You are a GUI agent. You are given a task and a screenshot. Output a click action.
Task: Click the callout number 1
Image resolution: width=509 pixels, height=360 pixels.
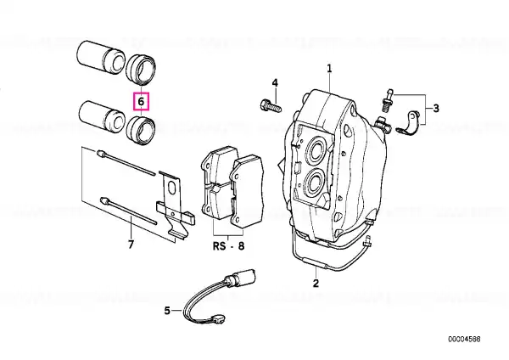[329, 69]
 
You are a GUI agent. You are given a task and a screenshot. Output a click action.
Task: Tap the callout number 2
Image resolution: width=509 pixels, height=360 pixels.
[316, 283]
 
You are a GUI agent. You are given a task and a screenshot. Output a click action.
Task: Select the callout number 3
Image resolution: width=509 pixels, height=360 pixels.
[436, 108]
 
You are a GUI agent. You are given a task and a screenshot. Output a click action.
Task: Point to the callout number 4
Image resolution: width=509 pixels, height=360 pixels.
[275, 83]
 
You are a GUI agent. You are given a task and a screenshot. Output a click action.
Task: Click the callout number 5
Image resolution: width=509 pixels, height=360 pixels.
[167, 311]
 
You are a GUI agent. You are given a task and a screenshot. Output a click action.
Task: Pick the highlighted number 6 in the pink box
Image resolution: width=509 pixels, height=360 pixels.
[141, 101]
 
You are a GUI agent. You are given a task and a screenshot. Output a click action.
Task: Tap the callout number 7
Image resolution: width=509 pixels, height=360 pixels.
[131, 245]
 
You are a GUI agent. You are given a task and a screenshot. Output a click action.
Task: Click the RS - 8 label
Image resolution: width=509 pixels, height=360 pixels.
[228, 246]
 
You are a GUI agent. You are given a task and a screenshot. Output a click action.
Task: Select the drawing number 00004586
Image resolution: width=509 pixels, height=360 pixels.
[464, 340]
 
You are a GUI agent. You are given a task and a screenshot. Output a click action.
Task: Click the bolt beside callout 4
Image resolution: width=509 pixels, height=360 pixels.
[271, 105]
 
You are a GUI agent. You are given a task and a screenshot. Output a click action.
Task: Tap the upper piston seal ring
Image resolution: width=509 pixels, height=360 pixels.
[141, 70]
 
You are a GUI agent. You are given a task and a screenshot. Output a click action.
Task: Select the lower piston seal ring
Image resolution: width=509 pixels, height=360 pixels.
[141, 129]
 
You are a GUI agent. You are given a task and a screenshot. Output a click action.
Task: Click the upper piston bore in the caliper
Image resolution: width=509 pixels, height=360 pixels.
[316, 149]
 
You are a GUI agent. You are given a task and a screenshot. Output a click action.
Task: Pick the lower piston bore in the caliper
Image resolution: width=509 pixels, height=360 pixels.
[315, 183]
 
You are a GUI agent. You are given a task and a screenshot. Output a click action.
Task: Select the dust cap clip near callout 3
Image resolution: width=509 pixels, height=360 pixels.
[408, 124]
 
